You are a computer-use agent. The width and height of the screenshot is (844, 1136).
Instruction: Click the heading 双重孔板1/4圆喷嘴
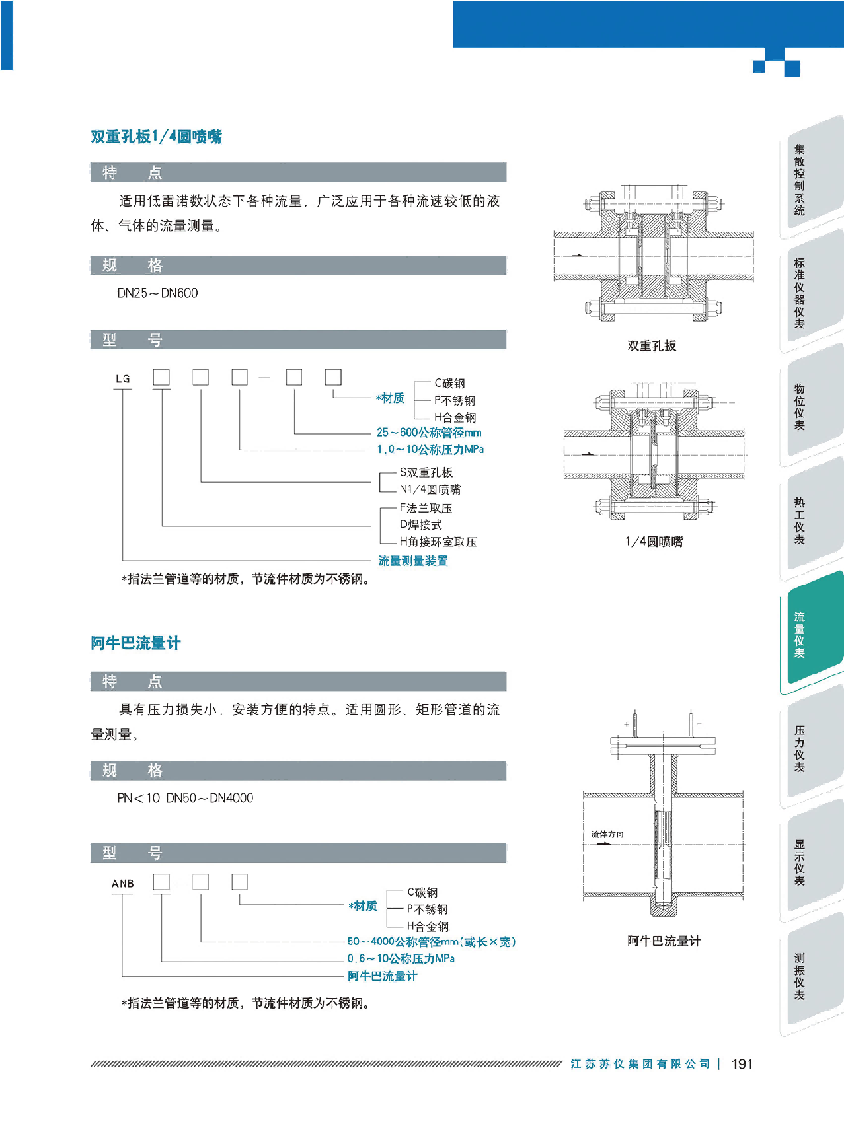pos(156,137)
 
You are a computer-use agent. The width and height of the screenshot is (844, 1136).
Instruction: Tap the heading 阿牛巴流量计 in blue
pos(135,643)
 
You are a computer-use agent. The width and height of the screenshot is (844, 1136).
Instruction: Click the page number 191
pos(742,1064)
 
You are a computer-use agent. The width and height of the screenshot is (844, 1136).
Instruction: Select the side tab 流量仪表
pos(800,635)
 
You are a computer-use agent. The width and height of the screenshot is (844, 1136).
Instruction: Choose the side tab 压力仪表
pos(800,748)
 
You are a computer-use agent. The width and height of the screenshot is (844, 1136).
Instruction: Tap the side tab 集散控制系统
pos(800,180)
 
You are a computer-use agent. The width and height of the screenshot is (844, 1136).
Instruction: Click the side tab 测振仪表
pos(800,976)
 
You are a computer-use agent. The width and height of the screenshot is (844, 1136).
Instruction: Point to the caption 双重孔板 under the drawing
pos(652,346)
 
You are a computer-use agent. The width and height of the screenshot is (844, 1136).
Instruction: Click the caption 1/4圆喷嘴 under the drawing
pos(654,542)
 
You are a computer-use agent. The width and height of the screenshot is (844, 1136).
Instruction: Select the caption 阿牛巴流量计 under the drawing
pos(664,941)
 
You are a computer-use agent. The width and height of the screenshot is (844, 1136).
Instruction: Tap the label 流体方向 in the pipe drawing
pos(607,834)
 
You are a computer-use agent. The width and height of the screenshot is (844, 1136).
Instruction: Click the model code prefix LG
pos(123,379)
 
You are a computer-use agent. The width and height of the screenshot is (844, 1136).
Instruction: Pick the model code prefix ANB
pos(123,884)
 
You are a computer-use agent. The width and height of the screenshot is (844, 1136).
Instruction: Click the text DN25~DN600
pos(157,293)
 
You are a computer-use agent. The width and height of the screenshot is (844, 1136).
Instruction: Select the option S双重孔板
pos(426,472)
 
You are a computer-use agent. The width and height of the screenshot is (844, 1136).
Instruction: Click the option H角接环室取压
pos(438,542)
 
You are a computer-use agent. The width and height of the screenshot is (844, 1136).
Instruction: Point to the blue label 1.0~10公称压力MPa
pos(430,450)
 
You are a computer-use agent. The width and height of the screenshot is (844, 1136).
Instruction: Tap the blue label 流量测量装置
pos(413,561)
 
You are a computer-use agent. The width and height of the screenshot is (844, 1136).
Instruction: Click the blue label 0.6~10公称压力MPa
pos(401,958)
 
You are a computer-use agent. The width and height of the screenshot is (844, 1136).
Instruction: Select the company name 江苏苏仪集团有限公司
pos(640,1064)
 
